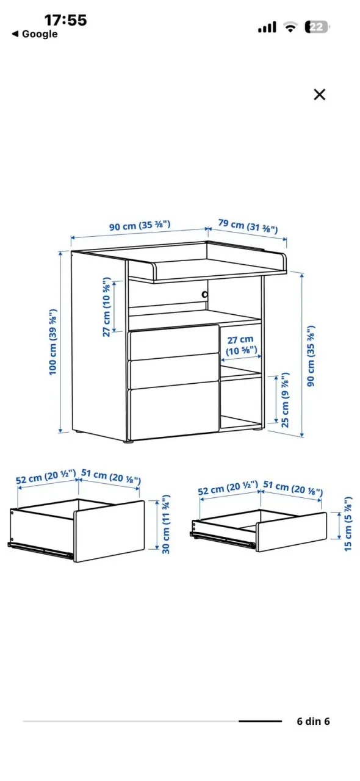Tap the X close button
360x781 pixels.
319,95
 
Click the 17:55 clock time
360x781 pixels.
65,20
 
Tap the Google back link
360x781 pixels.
35,34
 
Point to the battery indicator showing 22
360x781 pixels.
317,27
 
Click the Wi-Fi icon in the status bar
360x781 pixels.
290,26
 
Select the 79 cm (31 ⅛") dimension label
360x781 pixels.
248,226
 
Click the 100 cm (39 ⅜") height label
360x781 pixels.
52,342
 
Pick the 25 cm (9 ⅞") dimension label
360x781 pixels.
286,400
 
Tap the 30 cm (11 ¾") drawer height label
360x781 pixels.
166,524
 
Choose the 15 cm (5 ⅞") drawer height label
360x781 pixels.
348,524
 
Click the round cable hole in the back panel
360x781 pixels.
205,295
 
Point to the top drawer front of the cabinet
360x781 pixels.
174,342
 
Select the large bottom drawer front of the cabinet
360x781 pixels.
174,411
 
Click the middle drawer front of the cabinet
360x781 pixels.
174,371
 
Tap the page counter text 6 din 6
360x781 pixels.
313,721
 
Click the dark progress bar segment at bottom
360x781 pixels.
260,721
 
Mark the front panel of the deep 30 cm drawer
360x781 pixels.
109,531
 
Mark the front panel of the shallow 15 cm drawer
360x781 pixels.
292,532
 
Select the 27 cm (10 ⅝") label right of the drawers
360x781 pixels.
241,345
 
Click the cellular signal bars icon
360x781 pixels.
267,26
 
